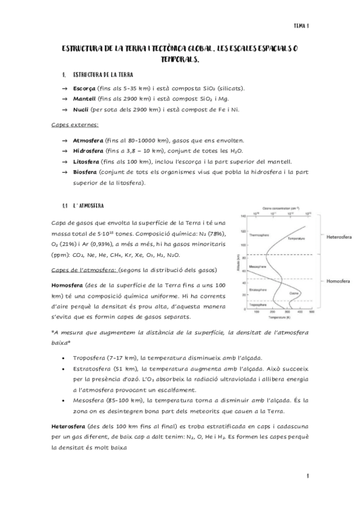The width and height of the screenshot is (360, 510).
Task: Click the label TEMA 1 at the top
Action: click(301, 26)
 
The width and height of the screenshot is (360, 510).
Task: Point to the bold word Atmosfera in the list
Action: click(87, 140)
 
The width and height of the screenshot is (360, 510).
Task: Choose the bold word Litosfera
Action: click(86, 162)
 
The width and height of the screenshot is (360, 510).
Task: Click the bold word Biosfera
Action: click(85, 173)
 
